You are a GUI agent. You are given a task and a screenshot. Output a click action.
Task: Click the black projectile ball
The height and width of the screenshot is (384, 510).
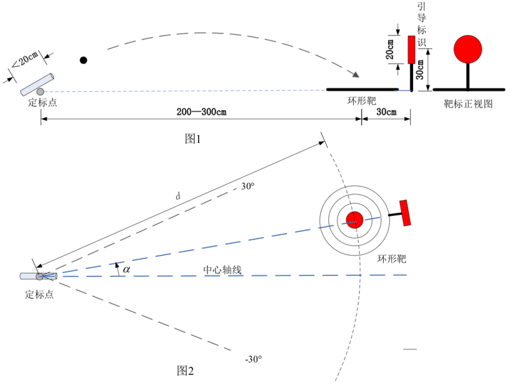click(83, 60)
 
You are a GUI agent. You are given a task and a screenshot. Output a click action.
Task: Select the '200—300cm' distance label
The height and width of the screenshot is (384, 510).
click(201, 112)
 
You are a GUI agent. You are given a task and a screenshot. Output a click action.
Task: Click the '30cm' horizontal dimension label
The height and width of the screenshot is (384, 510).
click(386, 112)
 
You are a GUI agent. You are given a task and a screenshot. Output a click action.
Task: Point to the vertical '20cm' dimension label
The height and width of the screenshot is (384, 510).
click(389, 49)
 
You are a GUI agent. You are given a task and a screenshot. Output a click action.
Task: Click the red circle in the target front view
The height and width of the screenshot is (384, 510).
click(467, 49)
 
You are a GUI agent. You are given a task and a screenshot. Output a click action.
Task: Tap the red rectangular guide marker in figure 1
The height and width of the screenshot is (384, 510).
click(411, 49)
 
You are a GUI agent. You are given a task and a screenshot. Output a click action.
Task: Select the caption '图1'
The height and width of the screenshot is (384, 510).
click(193, 139)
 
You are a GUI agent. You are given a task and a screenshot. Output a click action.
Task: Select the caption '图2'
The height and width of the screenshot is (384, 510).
click(185, 370)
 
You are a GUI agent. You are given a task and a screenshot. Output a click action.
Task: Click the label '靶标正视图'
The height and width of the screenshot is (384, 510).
click(468, 104)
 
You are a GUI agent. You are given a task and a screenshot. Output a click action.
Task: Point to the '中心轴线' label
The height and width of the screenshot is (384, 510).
click(222, 270)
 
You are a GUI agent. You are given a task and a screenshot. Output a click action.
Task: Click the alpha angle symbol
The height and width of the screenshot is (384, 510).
click(126, 269)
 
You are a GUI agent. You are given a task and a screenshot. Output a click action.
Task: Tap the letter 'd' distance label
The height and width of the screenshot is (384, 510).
click(178, 196)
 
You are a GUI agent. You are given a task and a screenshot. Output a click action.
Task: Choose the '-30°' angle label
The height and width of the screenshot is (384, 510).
click(253, 359)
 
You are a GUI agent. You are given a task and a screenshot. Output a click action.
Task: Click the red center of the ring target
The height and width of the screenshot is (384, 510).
click(354, 220)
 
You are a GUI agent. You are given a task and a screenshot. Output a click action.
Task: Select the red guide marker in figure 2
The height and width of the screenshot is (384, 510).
click(405, 213)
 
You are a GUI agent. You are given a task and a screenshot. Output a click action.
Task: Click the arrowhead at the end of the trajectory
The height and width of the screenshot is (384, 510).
click(356, 74)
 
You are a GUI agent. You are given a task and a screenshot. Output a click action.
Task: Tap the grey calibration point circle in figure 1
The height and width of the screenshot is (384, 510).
click(40, 91)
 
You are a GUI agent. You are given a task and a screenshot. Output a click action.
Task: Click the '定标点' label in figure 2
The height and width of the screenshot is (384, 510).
click(39, 294)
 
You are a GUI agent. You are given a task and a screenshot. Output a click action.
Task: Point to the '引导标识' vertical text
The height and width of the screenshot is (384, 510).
click(421, 24)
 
